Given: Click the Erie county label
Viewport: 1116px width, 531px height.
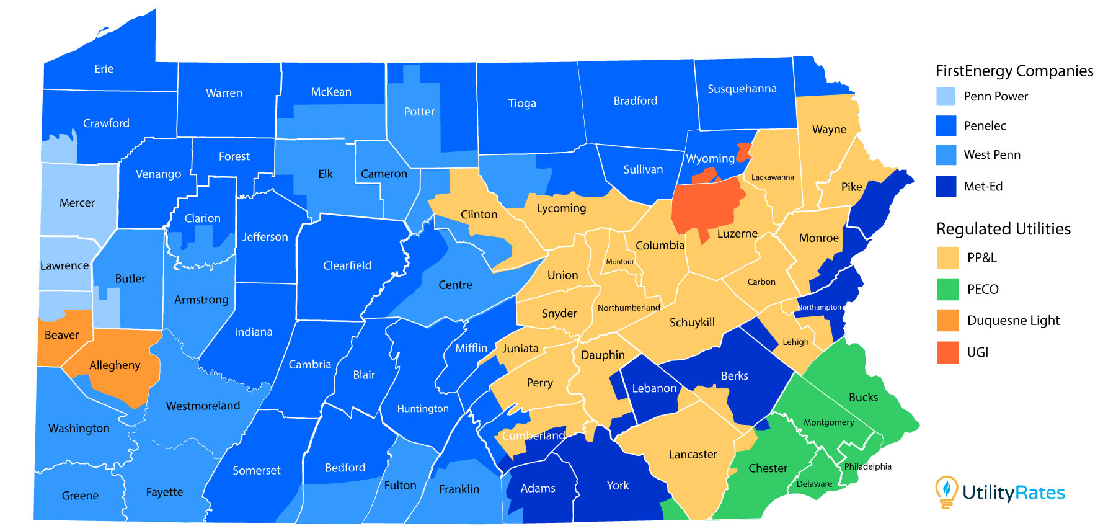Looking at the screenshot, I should point(104,69).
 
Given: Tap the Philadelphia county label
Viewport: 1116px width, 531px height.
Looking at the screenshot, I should point(867,466).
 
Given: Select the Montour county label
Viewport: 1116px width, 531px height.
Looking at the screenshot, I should point(620,262).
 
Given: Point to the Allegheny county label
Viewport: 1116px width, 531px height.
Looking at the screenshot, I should point(115,365).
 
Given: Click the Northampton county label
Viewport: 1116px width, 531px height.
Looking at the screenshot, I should point(819,307).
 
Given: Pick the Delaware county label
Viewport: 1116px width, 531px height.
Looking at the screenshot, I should point(814,484).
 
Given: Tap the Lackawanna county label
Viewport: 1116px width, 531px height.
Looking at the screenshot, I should point(773,177).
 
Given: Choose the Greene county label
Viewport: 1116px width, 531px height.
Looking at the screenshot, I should point(80,496).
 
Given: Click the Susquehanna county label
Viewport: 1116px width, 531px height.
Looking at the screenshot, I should point(742,89).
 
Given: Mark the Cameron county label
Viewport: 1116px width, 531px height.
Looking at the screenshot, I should point(384,174).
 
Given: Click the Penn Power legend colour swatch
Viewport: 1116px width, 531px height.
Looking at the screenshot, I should point(946,96).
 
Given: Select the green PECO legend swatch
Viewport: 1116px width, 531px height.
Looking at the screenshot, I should point(947,289).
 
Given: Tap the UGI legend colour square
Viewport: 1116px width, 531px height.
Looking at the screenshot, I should point(947,352).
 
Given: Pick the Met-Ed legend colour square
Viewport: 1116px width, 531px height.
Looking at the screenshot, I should point(946,186).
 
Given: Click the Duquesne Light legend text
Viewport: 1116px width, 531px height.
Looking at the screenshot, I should point(1013,321).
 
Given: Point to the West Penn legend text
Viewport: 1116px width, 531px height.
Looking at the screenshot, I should point(992,155).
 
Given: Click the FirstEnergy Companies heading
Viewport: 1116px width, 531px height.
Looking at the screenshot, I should point(1014,71).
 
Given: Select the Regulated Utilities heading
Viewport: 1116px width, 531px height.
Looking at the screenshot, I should point(1003,229).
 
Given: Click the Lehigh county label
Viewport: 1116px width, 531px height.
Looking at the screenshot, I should point(795,342).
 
